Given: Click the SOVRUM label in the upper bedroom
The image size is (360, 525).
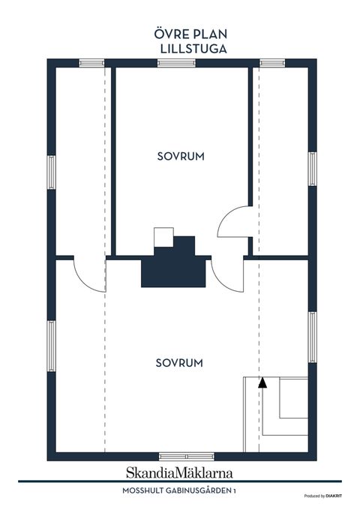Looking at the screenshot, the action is pos(181,156).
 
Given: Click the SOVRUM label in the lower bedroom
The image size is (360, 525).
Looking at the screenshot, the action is pos(179,363).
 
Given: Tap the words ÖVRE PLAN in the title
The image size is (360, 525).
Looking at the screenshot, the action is pos(190,34).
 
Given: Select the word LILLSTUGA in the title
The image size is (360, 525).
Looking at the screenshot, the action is pos(193,49).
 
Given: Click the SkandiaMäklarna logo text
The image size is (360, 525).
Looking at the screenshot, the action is pos(179,472).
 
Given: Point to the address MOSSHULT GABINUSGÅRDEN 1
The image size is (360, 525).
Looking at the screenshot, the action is pos(179,490).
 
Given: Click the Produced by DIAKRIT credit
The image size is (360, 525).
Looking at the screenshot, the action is pos(322,496).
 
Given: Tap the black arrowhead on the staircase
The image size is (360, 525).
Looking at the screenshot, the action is pos(262,382).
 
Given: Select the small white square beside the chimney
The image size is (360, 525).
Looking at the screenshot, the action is pos(163,237).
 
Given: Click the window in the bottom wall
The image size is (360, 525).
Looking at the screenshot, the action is pos(187,456).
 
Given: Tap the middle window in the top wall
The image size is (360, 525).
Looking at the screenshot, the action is pos(176,63).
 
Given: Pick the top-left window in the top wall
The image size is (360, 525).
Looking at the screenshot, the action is pos(91,63).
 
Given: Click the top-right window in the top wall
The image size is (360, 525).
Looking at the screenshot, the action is pos(272,63).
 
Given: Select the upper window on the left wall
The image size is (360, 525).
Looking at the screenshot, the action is pos(51,172).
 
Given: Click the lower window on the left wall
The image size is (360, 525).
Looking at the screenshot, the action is pos(51,346).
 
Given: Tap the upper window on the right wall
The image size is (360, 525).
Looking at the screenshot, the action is pos(312,169).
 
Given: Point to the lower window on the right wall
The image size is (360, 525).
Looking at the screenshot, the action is pos(312,337).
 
